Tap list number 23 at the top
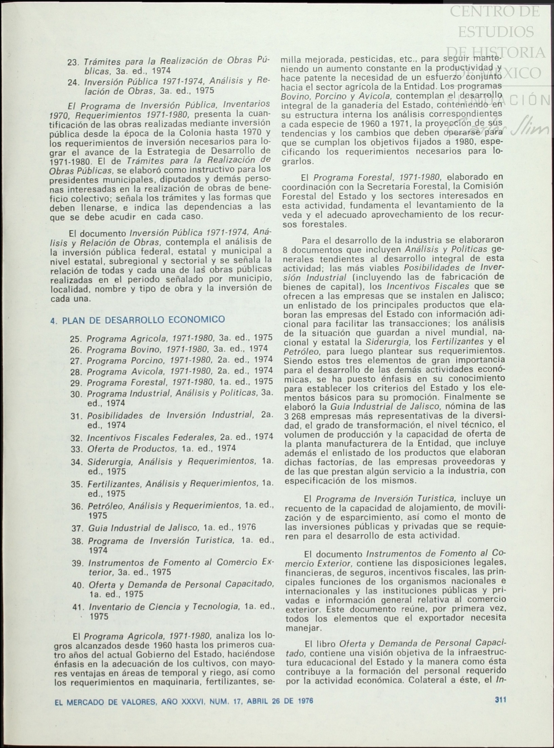(73, 62)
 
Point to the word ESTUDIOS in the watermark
(496, 32)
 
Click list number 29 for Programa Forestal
(76, 383)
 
